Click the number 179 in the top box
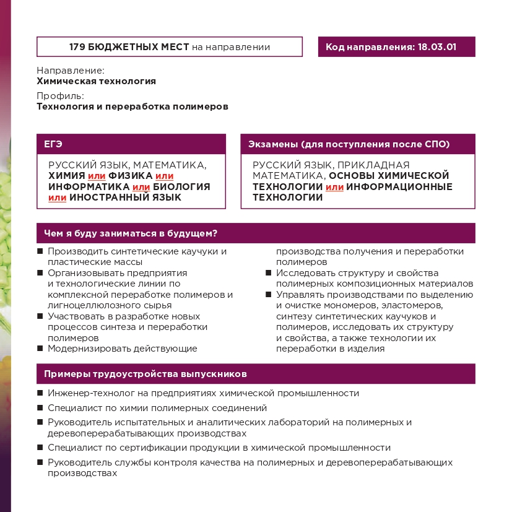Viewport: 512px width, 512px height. [78, 47]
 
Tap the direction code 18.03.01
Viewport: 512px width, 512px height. [436, 47]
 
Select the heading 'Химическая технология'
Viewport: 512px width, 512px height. [96, 81]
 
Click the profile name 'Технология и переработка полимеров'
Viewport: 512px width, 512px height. [132, 106]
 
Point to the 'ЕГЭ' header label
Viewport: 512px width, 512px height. [53, 144]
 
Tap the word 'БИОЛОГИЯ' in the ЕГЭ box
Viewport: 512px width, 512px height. [182, 187]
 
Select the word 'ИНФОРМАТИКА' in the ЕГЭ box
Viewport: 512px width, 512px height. [89, 187]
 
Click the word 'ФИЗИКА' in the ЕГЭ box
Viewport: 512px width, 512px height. [130, 176]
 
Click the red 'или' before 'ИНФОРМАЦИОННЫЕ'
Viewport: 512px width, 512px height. [334, 187]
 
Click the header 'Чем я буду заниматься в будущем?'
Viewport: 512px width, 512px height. [130, 233]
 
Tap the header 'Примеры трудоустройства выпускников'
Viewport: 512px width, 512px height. [145, 374]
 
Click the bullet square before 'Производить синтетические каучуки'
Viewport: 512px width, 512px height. [40, 251]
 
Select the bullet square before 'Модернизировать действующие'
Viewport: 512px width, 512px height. [40, 348]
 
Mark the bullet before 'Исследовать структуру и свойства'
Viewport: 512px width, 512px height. [269, 272]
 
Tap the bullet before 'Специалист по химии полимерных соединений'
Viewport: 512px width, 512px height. [40, 408]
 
